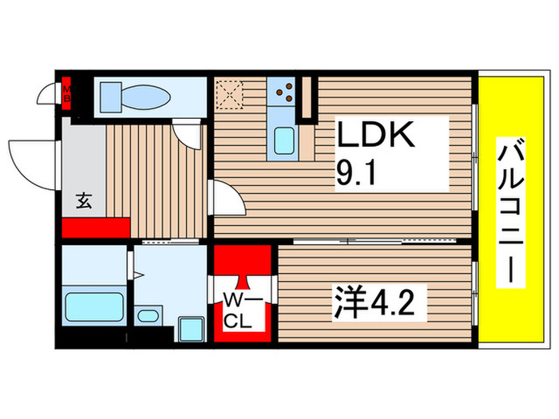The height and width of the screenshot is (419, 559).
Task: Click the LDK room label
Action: click(x=375, y=136)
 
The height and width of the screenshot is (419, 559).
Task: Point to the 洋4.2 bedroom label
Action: click(x=372, y=304)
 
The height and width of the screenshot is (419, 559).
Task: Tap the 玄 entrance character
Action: click(x=84, y=200)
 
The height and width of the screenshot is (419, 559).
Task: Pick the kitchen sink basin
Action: click(x=283, y=142)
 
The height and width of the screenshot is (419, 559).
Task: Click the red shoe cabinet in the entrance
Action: click(x=95, y=227)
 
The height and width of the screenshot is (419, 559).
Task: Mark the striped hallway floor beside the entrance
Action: click(x=156, y=180)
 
